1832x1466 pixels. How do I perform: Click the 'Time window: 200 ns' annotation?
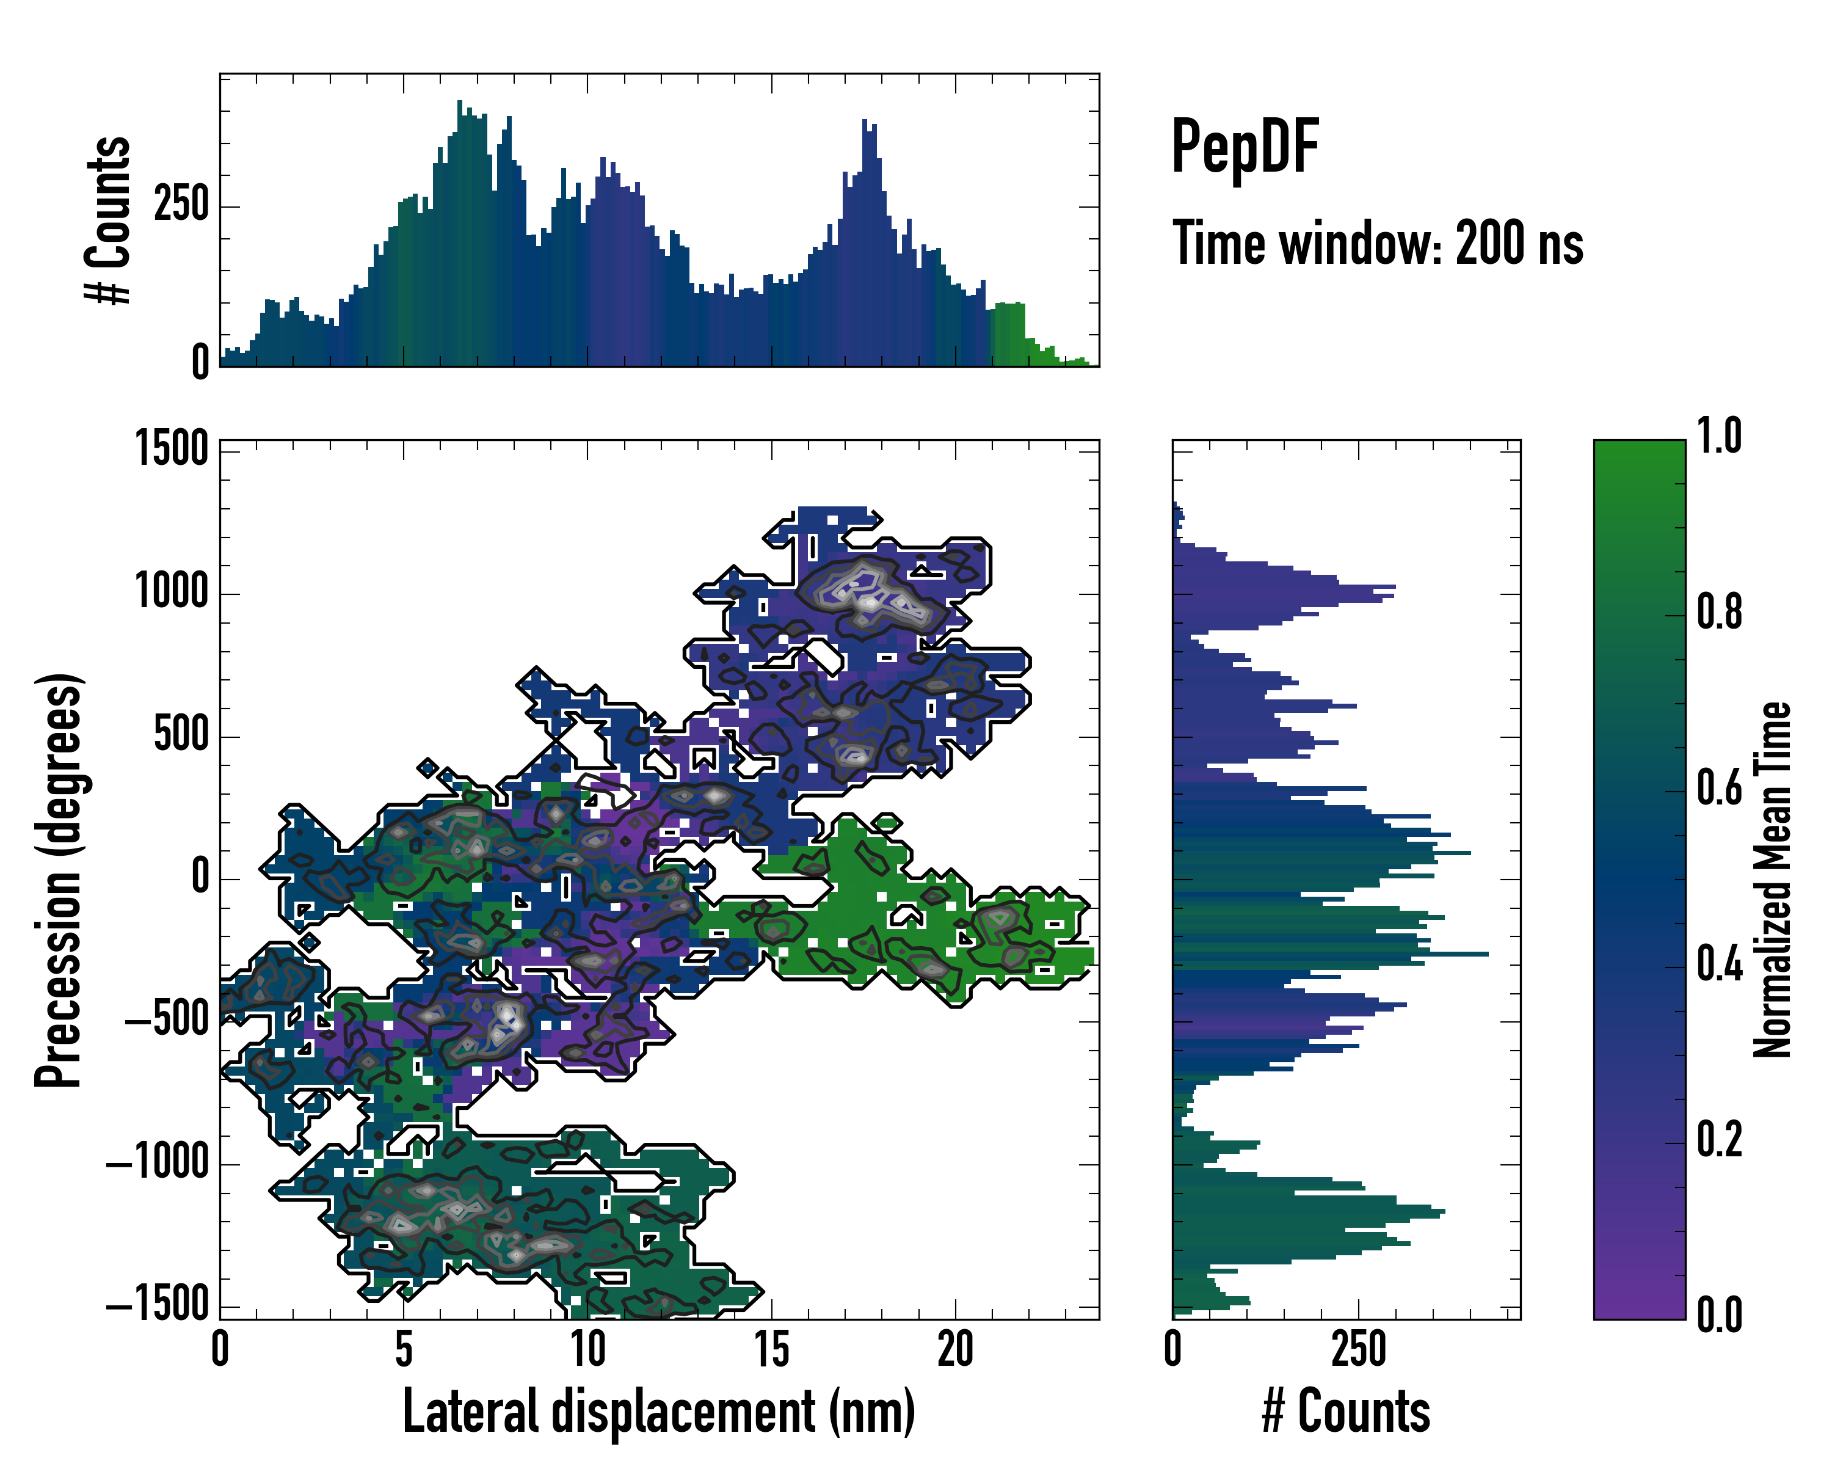pyautogui.click(x=1378, y=243)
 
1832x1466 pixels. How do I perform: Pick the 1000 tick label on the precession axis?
pyautogui.click(x=172, y=591)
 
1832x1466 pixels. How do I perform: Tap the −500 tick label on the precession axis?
pyautogui.click(x=167, y=1020)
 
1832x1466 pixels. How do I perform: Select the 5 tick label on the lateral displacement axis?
pyautogui.click(x=404, y=1349)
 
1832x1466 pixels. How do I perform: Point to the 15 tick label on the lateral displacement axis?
pyautogui.click(x=771, y=1349)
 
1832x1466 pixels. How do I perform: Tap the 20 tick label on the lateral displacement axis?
pyautogui.click(x=955, y=1349)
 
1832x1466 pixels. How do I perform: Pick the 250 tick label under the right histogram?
pyautogui.click(x=1359, y=1349)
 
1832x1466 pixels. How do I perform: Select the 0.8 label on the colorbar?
pyautogui.click(x=1719, y=612)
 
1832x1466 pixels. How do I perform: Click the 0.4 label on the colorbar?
pyautogui.click(x=1719, y=965)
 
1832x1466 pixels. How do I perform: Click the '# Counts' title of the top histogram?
pyautogui.click(x=108, y=219)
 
